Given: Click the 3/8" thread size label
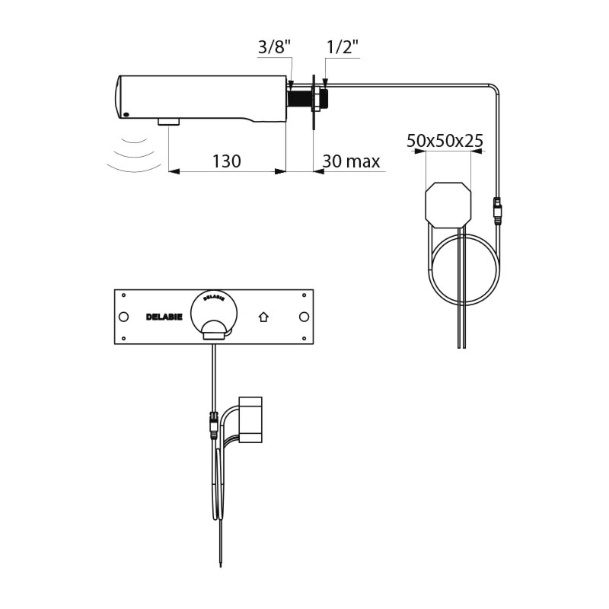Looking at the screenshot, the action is click(x=274, y=47).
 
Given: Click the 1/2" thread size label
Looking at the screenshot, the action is click(x=342, y=47).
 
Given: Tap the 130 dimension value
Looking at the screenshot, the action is click(x=226, y=161).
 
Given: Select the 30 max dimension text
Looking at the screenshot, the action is click(x=351, y=161).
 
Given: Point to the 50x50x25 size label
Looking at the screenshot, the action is click(x=445, y=141).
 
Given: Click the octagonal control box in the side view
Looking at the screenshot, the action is click(x=448, y=204).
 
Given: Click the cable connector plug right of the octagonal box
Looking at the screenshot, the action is click(x=497, y=211).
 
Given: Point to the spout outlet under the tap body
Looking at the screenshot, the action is click(x=168, y=122).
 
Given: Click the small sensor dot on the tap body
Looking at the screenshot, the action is click(x=126, y=115).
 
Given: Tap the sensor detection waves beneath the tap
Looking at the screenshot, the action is click(x=134, y=155).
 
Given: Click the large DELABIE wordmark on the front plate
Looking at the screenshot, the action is click(x=164, y=317).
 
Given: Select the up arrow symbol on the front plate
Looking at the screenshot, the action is click(x=263, y=317).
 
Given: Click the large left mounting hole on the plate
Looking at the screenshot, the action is click(x=123, y=317).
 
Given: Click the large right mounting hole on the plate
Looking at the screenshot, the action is click(x=304, y=317).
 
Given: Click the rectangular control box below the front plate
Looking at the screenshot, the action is click(x=250, y=419).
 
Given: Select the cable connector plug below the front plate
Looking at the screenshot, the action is click(x=213, y=425).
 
